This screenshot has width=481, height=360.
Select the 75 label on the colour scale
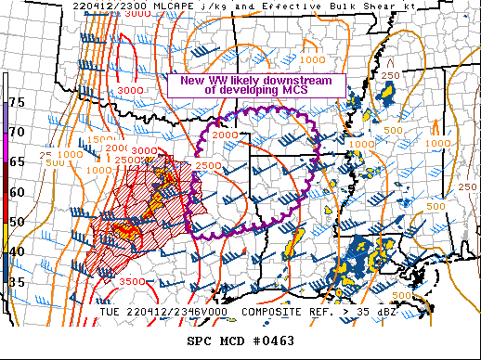[17, 101]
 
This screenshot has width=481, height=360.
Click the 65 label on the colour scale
[17, 161]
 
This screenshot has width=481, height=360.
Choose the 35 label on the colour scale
[17, 281]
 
